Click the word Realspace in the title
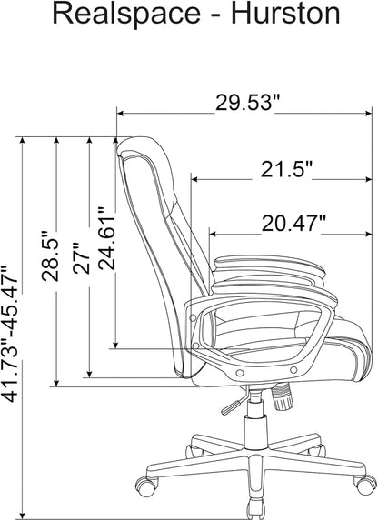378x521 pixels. pyautogui.click(x=126, y=14)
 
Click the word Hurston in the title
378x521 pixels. pyautogui.click(x=285, y=14)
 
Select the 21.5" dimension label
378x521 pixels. pyautogui.click(x=287, y=169)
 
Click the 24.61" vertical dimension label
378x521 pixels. pyautogui.click(x=106, y=238)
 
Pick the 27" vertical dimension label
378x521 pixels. pyautogui.click(x=82, y=258)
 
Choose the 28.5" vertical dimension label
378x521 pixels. pyautogui.click(x=50, y=255)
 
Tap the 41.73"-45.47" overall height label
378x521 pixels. pyautogui.click(x=9, y=334)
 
